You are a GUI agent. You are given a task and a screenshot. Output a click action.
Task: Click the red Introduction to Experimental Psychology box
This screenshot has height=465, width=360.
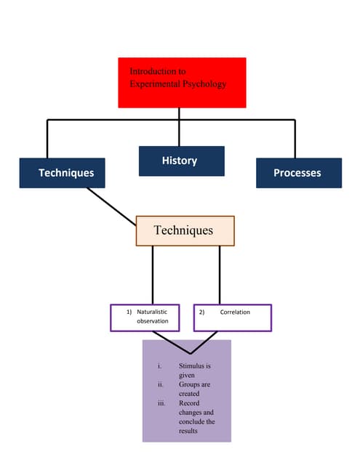pyautogui.click(x=182, y=82)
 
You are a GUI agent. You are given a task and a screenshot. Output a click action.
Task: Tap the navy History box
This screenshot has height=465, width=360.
pyautogui.click(x=181, y=161)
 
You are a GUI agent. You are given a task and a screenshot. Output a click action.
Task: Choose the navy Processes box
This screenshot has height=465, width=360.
pyautogui.click(x=298, y=173)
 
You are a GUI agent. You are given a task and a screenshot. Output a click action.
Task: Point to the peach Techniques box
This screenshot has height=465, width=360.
pyautogui.click(x=185, y=231)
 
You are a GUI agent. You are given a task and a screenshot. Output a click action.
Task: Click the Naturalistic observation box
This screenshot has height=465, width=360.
pyautogui.click(x=149, y=317)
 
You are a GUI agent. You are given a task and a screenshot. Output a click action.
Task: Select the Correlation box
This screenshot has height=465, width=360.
pyautogui.click(x=233, y=317)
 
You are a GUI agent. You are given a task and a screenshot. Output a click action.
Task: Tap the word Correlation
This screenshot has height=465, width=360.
pyautogui.click(x=235, y=312)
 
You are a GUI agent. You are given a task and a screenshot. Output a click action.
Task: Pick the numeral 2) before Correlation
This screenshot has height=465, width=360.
pyautogui.click(x=202, y=312)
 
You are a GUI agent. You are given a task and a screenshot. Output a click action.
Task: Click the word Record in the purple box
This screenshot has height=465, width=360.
pyautogui.click(x=189, y=403)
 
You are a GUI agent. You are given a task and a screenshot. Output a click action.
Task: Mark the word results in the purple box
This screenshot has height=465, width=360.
pyautogui.click(x=188, y=431)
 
